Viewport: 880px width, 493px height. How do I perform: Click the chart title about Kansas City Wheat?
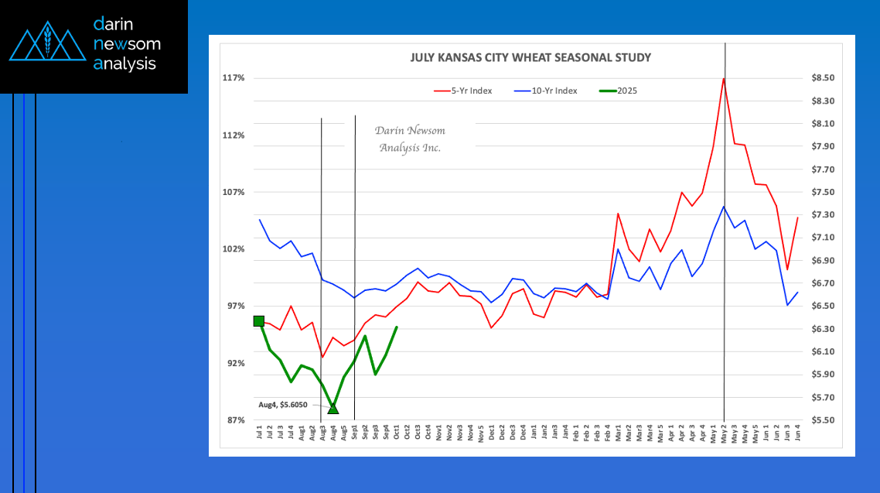530,57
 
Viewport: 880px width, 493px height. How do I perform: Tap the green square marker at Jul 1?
259,321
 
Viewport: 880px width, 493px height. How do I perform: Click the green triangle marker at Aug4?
333,408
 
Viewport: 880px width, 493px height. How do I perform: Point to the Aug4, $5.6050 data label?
283,405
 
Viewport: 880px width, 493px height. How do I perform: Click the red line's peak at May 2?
724,79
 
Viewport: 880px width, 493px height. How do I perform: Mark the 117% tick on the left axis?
234,78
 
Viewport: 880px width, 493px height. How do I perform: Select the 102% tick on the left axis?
234,249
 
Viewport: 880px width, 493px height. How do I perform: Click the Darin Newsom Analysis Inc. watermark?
410,139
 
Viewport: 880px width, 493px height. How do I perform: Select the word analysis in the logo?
124,64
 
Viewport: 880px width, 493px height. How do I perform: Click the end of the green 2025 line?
397,327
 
